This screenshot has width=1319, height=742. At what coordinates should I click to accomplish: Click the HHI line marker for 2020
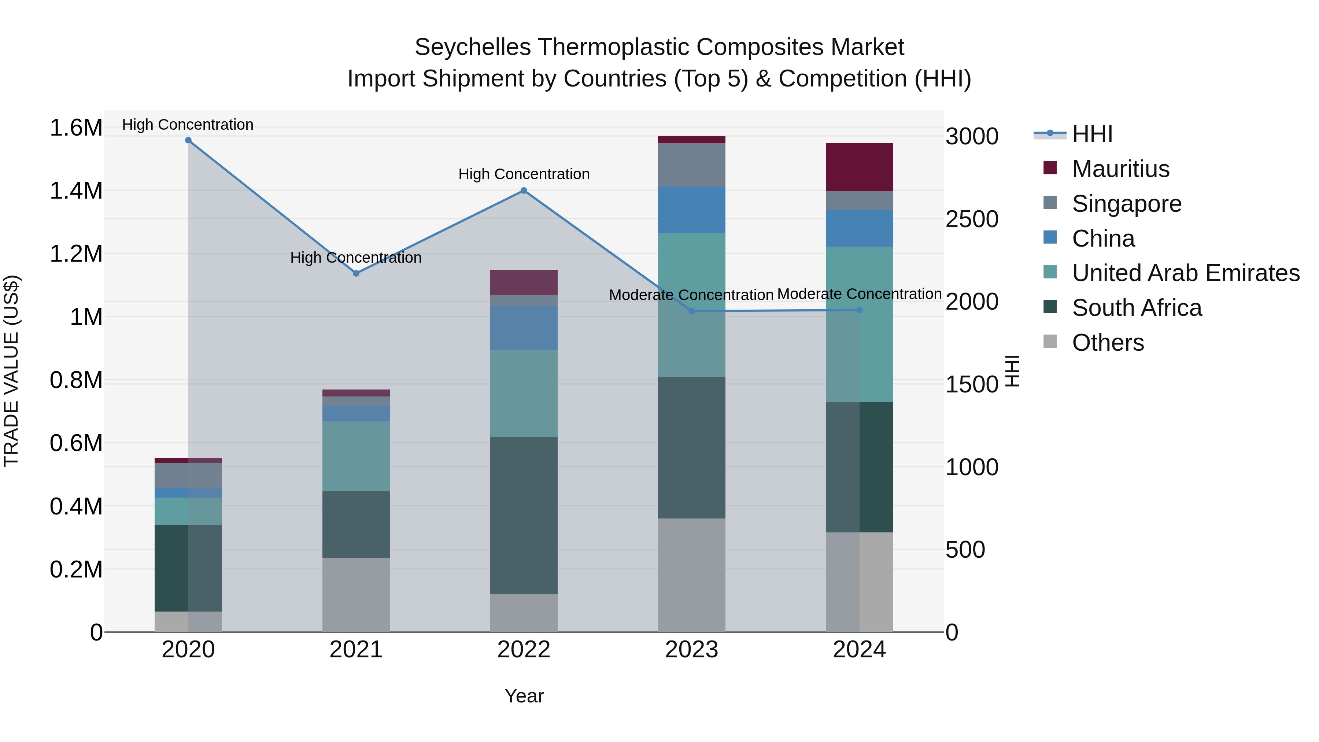pos(188,140)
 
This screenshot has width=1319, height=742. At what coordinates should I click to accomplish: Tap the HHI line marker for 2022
pos(524,191)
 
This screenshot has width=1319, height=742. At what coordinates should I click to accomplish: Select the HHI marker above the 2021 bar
pos(356,273)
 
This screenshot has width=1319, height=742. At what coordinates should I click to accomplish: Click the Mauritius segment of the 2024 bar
pos(859,167)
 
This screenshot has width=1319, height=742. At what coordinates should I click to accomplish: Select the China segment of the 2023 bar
pos(691,210)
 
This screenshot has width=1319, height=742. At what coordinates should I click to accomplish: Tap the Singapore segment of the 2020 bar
pos(188,475)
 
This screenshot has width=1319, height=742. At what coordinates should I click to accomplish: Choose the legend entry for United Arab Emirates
pos(1185,273)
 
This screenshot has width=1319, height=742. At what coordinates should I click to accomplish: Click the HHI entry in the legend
pos(1092,134)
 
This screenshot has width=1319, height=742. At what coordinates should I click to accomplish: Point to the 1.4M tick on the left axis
pos(76,191)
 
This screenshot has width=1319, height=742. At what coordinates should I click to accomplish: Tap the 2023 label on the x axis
pos(691,650)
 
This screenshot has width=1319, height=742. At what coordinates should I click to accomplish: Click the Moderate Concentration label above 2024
pos(859,294)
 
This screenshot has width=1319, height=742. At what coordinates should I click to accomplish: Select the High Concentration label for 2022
pos(524,174)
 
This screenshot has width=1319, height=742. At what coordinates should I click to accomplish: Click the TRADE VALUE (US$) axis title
pos(12,371)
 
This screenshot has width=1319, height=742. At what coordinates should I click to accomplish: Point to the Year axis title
pos(524,696)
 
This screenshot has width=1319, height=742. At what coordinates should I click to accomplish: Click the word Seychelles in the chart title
pos(472,47)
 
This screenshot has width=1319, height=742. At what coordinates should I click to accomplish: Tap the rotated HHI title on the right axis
pos(1012,371)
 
